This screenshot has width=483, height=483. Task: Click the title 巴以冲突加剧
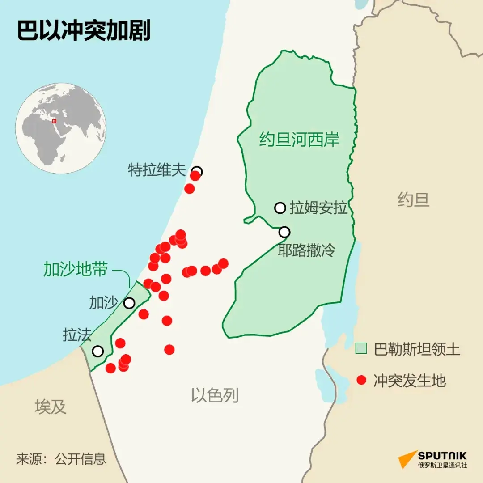[84, 30]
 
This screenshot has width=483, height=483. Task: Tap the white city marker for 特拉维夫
[197, 171]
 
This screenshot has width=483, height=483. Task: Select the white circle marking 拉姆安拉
[280, 208]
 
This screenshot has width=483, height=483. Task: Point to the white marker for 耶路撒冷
[284, 232]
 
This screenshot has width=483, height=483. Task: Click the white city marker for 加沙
[129, 303]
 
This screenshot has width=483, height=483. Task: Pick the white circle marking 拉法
[97, 351]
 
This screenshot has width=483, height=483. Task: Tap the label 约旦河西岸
[300, 140]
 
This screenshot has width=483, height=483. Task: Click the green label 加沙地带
[76, 269]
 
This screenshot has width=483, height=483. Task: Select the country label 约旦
[414, 199]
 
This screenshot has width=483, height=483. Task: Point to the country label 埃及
[51, 407]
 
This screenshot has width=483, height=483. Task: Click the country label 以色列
[215, 395]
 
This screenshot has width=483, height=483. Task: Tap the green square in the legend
[361, 348]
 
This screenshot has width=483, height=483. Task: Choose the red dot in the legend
[361, 381]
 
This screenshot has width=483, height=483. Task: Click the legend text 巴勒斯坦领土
[417, 349]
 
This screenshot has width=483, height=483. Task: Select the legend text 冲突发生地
[410, 381]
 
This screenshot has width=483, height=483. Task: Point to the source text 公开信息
[80, 458]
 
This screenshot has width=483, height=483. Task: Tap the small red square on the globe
[54, 121]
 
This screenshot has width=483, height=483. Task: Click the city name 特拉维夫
[157, 170]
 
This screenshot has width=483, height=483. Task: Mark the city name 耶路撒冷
[306, 250]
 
